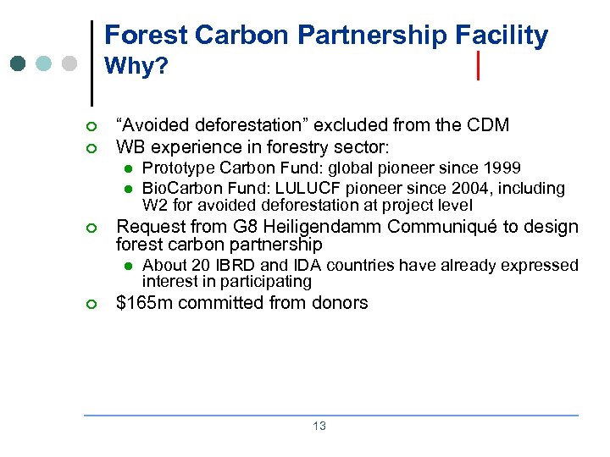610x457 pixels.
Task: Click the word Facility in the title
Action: (x=502, y=36)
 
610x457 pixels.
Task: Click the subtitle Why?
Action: (x=136, y=66)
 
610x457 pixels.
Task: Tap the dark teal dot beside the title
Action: (x=19, y=63)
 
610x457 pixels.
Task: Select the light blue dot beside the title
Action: (x=44, y=63)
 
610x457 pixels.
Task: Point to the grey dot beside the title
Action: (x=69, y=63)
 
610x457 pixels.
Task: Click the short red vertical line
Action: (x=480, y=65)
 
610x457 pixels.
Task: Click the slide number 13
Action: (x=319, y=427)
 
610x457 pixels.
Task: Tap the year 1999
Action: (x=503, y=168)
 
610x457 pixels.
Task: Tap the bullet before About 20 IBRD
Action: (x=126, y=266)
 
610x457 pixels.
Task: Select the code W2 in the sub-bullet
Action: (x=153, y=206)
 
